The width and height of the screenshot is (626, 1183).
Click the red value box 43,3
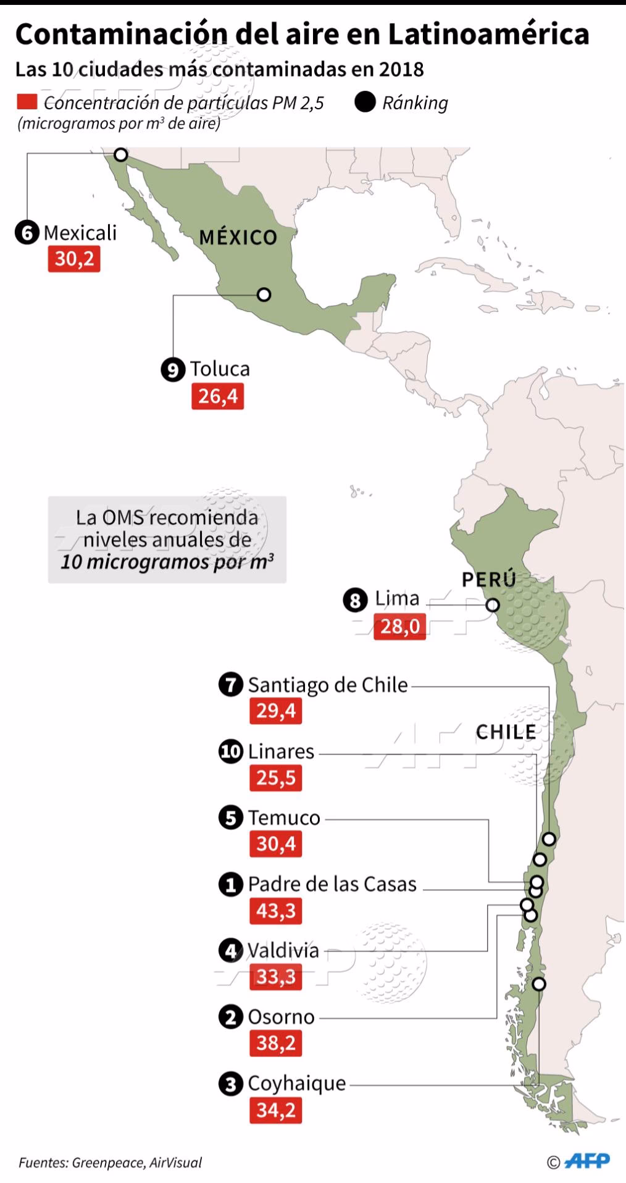point(275,911)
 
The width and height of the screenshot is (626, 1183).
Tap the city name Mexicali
point(80,233)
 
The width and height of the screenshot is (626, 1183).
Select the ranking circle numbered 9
point(173,370)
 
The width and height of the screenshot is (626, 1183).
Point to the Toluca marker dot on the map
point(264,295)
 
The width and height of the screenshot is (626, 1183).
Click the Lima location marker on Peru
point(492,605)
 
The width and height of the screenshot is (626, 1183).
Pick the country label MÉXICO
point(238,237)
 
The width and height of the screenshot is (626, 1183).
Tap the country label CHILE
point(506,732)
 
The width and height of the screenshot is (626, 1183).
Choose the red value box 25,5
point(275,778)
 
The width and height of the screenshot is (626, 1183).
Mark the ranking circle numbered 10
point(231,752)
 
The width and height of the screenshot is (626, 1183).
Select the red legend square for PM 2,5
point(27,102)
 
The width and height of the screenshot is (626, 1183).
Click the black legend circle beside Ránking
point(365,102)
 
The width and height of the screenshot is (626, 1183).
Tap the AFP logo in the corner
point(586,1161)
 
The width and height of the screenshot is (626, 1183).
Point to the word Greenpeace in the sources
point(109,1163)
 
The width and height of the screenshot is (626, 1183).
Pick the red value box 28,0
point(399,627)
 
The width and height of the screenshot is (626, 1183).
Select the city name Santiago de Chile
point(328,685)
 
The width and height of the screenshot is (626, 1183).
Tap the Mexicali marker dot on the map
point(121,154)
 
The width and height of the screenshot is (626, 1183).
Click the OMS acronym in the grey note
point(117,517)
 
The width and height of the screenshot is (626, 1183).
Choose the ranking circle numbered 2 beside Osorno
point(231,1017)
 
